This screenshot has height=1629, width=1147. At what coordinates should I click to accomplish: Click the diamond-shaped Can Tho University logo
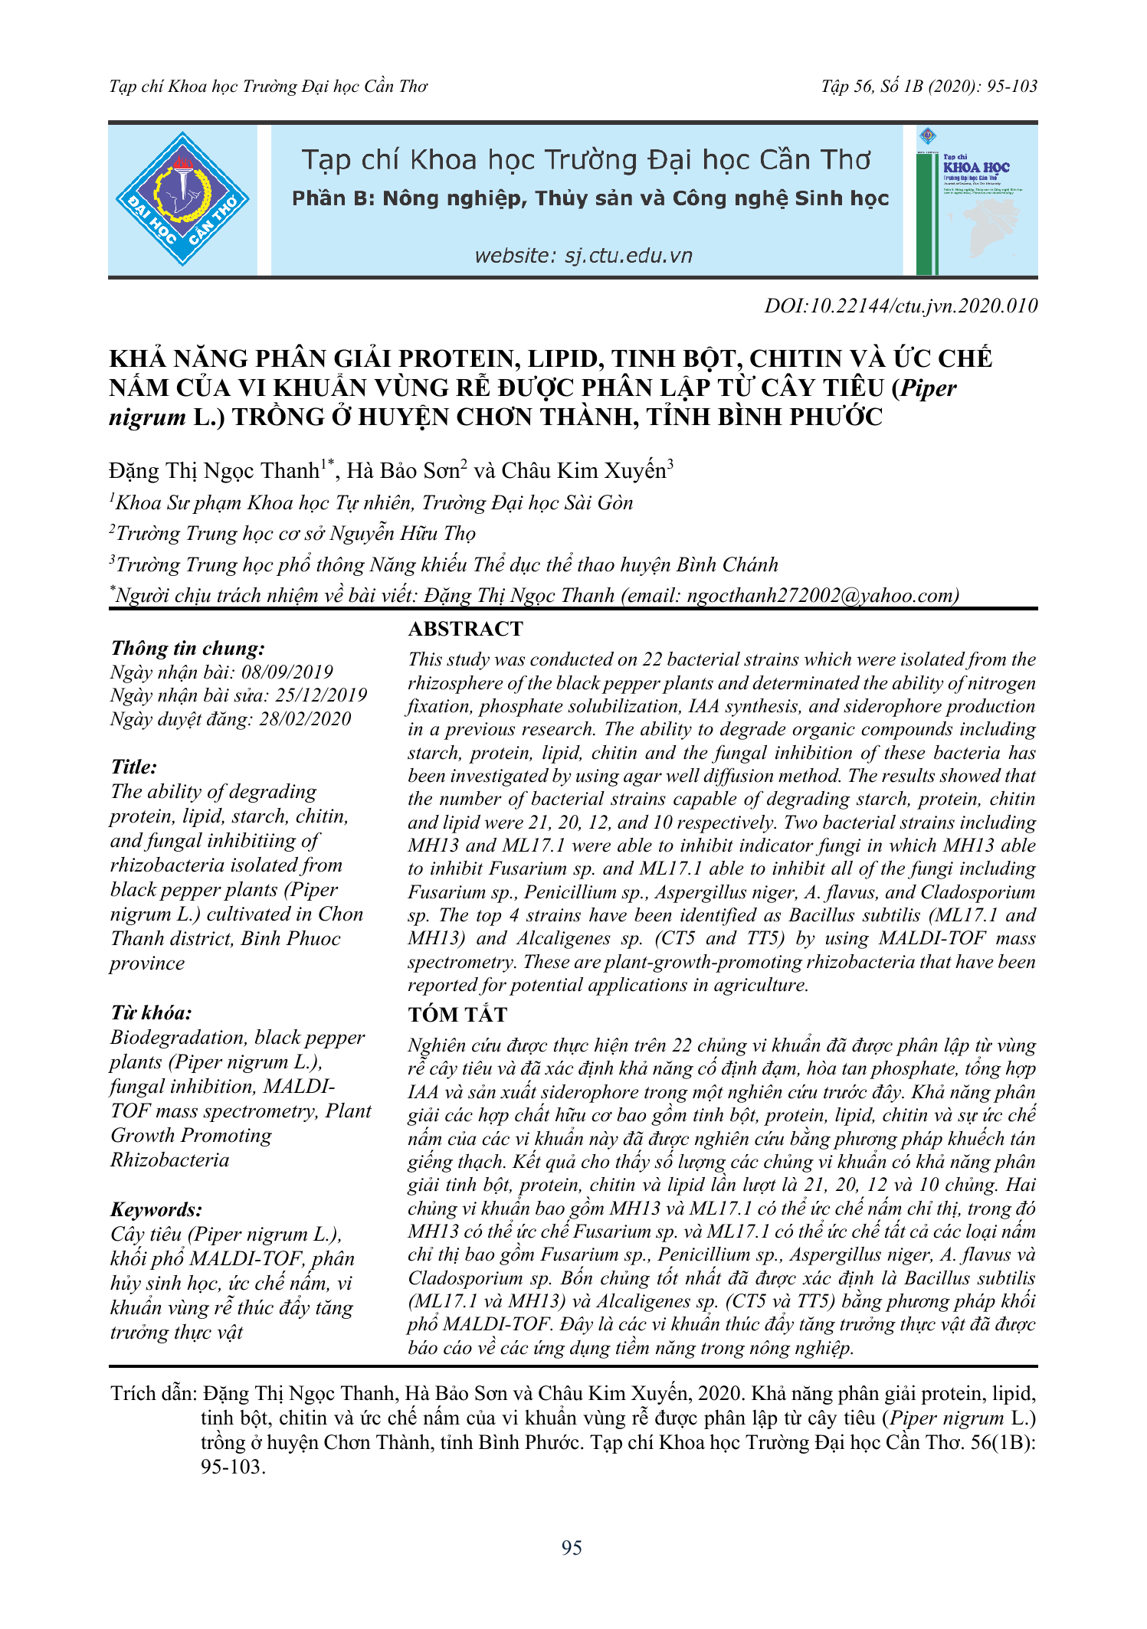click(x=182, y=199)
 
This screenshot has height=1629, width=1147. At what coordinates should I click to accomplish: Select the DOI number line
click(x=900, y=306)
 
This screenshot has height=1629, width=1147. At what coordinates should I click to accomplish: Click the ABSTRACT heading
click(x=465, y=629)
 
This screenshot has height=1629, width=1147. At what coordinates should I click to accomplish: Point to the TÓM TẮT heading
click(x=457, y=1015)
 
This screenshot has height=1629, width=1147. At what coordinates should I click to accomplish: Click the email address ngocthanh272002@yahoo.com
click(x=823, y=595)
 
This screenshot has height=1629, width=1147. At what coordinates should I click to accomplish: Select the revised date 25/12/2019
click(x=321, y=695)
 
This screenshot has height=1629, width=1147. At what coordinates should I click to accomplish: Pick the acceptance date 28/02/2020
click(x=305, y=719)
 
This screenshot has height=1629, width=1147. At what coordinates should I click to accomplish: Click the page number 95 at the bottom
click(x=572, y=1548)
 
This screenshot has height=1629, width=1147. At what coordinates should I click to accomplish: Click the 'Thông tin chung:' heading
click(x=188, y=649)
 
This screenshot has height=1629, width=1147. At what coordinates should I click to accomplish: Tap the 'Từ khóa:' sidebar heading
click(x=151, y=1013)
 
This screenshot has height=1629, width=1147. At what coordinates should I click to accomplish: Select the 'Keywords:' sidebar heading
click(x=156, y=1210)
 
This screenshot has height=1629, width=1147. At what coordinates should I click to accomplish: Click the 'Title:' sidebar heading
click(x=134, y=767)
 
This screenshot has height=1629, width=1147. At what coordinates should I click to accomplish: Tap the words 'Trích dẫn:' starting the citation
click(x=154, y=1393)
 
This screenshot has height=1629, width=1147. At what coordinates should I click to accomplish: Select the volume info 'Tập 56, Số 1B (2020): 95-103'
click(x=929, y=87)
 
